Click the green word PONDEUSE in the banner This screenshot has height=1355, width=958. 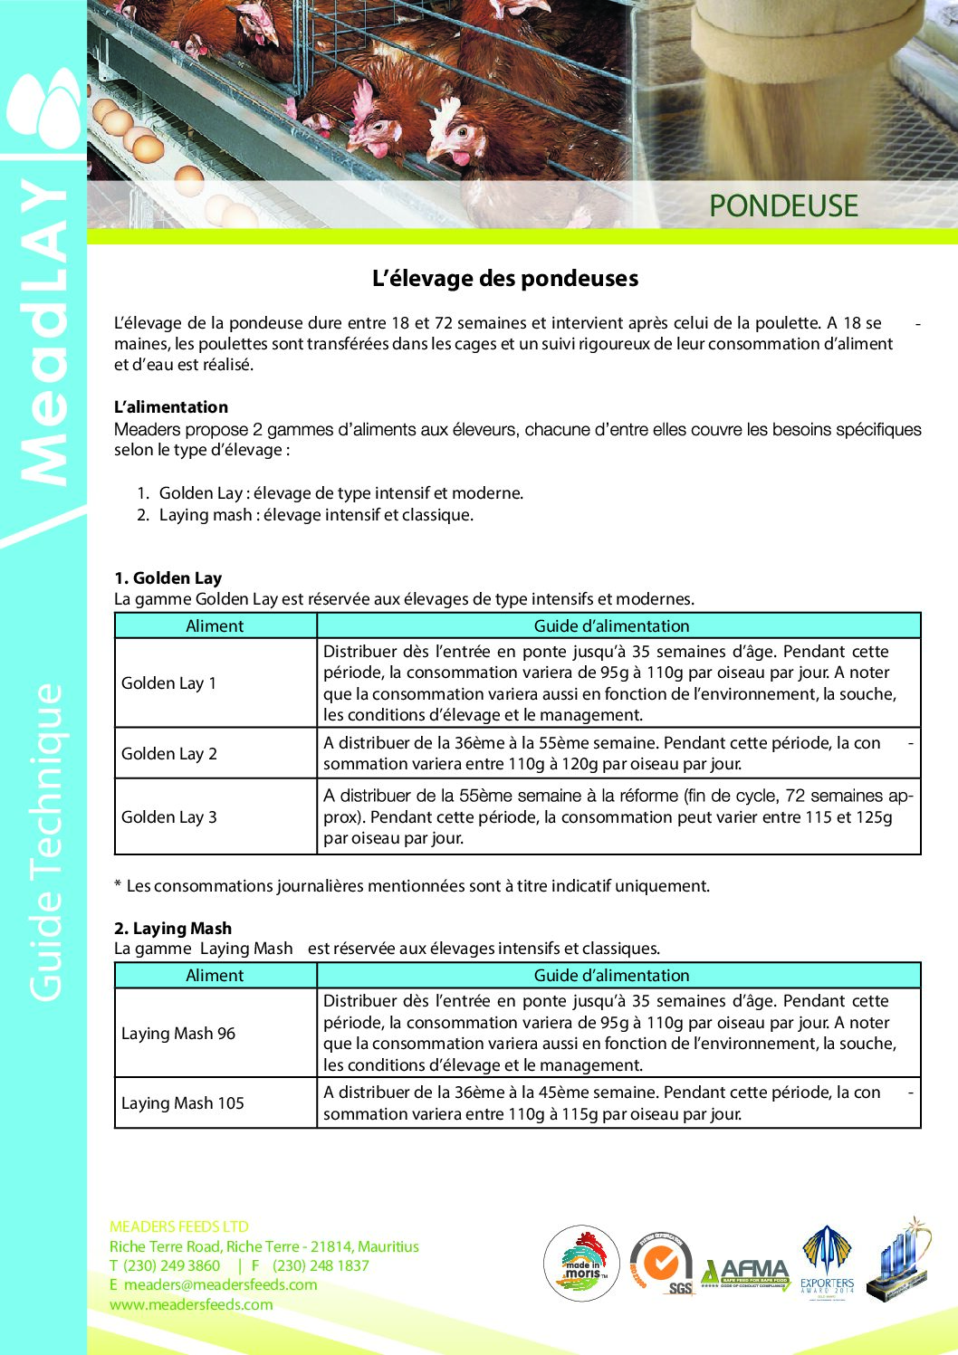[x=783, y=205]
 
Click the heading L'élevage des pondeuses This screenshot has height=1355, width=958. [x=505, y=279]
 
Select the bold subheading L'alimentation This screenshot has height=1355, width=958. [x=171, y=407]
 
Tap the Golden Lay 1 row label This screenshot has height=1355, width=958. [x=169, y=683]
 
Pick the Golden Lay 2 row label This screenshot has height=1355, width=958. [x=169, y=754]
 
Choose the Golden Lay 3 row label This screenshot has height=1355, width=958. [x=169, y=817]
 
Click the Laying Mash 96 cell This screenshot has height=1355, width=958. [x=178, y=1034]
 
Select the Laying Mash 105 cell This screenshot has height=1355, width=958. [x=183, y=1103]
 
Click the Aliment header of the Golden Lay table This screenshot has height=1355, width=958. [x=215, y=626]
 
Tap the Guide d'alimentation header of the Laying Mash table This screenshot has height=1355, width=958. [x=611, y=976]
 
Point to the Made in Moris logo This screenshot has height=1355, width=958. [x=581, y=1264]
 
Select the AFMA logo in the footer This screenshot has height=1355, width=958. [x=745, y=1273]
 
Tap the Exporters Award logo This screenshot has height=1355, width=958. [x=827, y=1264]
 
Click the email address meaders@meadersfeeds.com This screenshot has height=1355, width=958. [x=220, y=1285]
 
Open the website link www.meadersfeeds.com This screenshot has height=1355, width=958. [x=191, y=1305]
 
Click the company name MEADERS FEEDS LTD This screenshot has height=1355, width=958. [x=179, y=1227]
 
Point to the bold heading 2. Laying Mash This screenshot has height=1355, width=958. [x=173, y=929]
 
